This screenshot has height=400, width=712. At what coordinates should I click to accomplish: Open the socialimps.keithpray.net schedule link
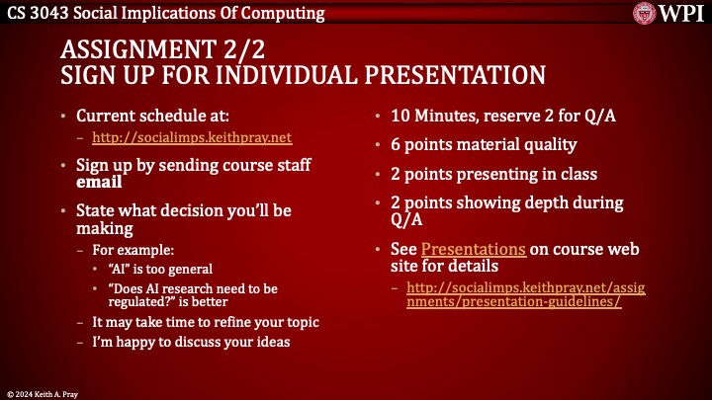pos(192,137)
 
